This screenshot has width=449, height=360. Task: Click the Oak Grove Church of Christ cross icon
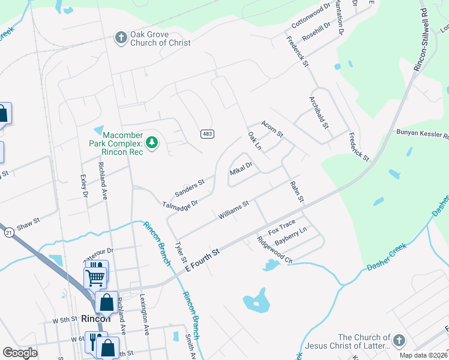pyautogui.click(x=121, y=38)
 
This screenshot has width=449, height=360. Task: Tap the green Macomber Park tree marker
pyautogui.click(x=153, y=142)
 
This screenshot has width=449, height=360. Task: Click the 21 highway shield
pyautogui.click(x=8, y=232)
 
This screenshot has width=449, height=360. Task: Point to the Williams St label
pyautogui.click(x=234, y=210)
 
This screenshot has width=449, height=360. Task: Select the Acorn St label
pyautogui.click(x=272, y=127)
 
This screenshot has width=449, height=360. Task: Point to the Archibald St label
pyautogui.click(x=318, y=112)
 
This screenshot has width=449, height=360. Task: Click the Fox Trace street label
pyautogui.click(x=282, y=229)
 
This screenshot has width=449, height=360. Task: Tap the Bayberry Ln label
pyautogui.click(x=291, y=237)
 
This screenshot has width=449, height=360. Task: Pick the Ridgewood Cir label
pyautogui.click(x=274, y=250)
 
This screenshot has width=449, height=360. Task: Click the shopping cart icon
pyautogui.click(x=95, y=277)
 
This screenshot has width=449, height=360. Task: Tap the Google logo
pyautogui.click(x=20, y=353)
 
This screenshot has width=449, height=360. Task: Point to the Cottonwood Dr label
pyautogui.click(x=311, y=16)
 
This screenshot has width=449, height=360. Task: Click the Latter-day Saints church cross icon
pyautogui.click(x=398, y=341)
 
